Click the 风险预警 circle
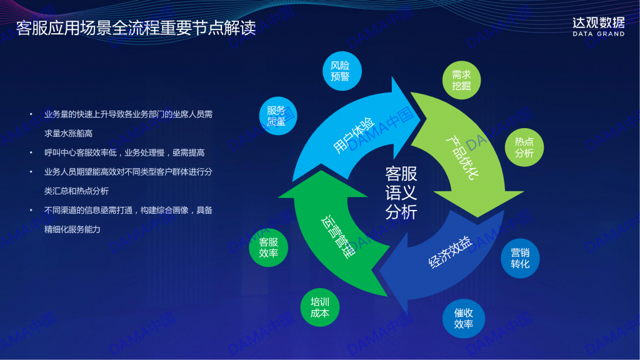pyautogui.click(x=342, y=71)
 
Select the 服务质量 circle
pyautogui.click(x=278, y=116)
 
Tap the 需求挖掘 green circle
pyautogui.click(x=461, y=80)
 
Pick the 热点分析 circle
pyautogui.click(x=524, y=147)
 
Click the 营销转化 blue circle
pyautogui.click(x=520, y=258)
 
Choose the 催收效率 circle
pyautogui.click(x=463, y=318)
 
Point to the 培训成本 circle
pyautogui.click(x=319, y=307)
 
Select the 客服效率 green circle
pyautogui.click(x=268, y=247)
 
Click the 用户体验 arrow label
pyautogui.click(x=354, y=135)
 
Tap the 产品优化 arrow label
pyautogui.click(x=462, y=157)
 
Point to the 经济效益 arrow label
pyautogui.click(x=450, y=251)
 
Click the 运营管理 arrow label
pyautogui.click(x=338, y=237)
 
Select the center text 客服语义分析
pyautogui.click(x=401, y=193)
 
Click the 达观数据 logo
pyautogui.click(x=598, y=23)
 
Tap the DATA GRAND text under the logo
pyautogui.click(x=598, y=34)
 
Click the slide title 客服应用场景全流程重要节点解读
pyautogui.click(x=136, y=28)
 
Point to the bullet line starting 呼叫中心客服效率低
pyautogui.click(x=124, y=152)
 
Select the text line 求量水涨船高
pyautogui.click(x=68, y=134)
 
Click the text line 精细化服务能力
pyautogui.click(x=72, y=229)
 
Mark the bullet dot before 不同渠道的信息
pyautogui.click(x=31, y=210)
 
